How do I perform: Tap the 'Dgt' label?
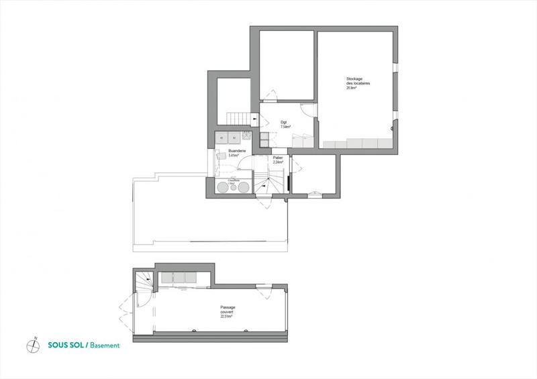pos(284,122)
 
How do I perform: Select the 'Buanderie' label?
pos(238,152)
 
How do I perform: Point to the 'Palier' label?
pos(277,158)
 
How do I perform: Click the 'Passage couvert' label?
pos(228,310)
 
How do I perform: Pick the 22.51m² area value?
pos(227,318)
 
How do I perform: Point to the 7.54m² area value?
pos(285,126)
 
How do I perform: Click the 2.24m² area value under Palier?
pos(277,162)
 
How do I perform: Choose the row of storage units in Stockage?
pos(356,143)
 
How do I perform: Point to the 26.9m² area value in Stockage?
pos(350,88)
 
